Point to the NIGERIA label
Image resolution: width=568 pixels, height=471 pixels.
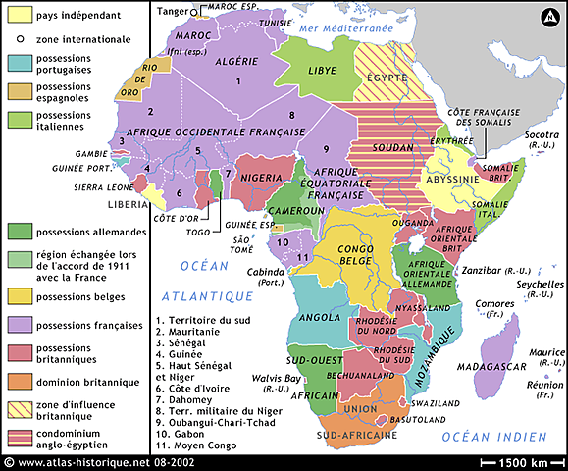263,178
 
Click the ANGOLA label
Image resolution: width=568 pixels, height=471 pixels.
319,317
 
